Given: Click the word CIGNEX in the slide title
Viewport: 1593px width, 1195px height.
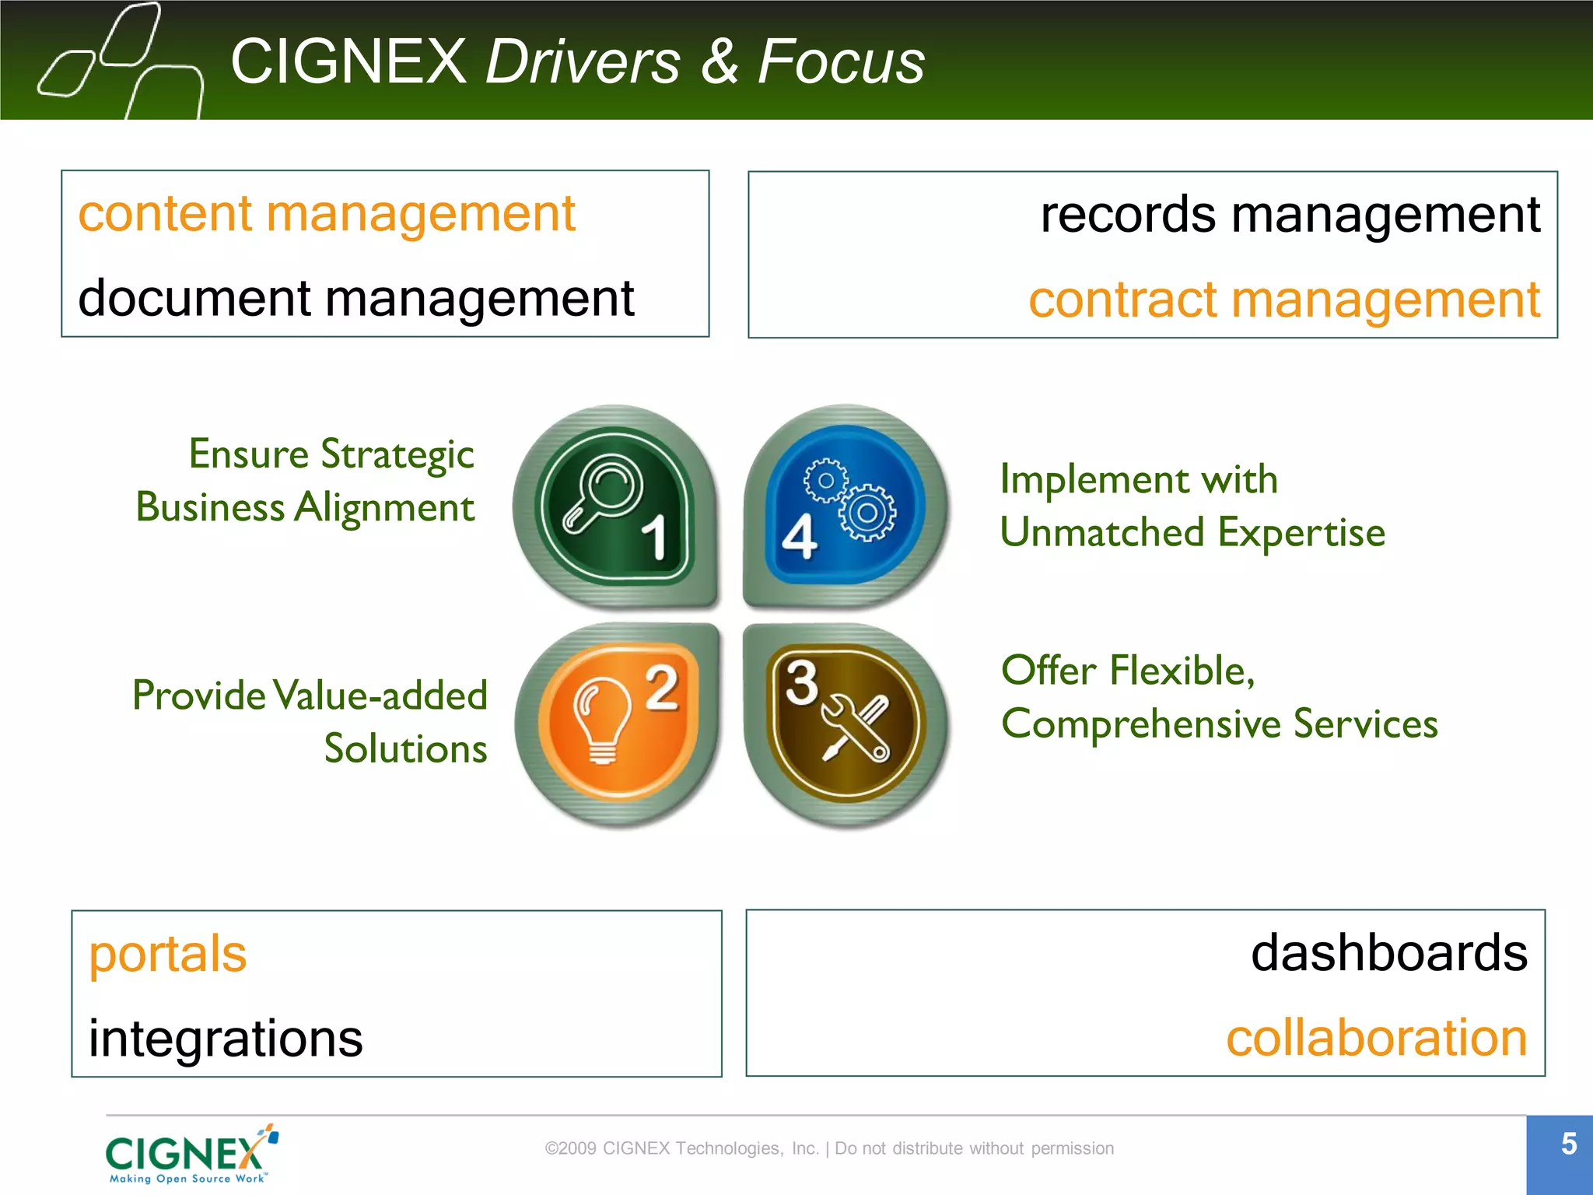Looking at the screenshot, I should [348, 61].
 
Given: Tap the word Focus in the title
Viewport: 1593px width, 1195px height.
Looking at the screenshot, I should [841, 61].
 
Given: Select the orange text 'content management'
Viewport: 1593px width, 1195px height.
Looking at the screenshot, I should [327, 214].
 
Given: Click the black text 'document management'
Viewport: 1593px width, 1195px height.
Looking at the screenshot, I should [356, 298].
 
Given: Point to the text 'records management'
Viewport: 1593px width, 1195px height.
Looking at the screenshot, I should [1290, 215].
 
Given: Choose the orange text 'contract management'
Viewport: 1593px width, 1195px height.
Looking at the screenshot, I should [1283, 300].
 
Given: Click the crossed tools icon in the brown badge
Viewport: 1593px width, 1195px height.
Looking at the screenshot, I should [855, 728].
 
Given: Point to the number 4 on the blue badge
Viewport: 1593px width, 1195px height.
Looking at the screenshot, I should [799, 537].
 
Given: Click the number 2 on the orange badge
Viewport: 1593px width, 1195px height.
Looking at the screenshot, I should [662, 687].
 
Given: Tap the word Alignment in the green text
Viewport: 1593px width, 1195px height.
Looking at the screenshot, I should [384, 508].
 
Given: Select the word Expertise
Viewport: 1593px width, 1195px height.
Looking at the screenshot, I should [1301, 533].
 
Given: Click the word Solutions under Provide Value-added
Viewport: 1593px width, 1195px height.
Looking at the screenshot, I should [405, 748].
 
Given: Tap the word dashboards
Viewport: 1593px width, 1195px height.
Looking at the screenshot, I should [1388, 953].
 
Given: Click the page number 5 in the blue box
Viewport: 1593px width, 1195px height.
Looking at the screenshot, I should [1568, 1144].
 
